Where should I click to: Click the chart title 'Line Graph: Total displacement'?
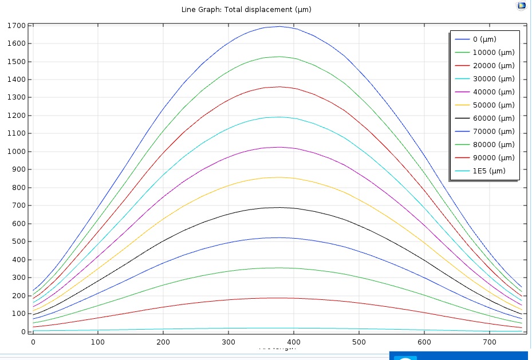[x=246, y=9]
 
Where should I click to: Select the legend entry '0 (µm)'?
[x=484, y=39]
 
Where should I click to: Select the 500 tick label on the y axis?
[x=17, y=242]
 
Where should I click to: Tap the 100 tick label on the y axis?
[x=17, y=314]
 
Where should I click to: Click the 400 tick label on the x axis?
[x=294, y=342]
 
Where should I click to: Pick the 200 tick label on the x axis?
[x=163, y=342]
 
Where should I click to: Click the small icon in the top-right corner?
[x=522, y=6]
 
